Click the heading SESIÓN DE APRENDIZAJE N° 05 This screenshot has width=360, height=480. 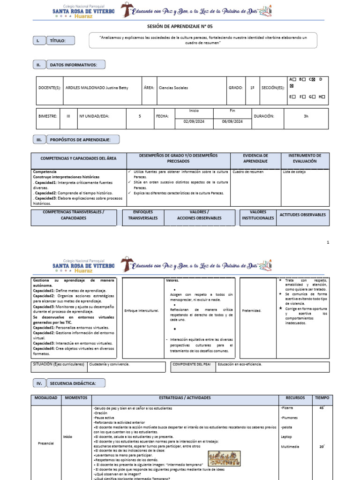(180, 27)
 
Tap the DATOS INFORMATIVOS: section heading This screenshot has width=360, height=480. (76, 65)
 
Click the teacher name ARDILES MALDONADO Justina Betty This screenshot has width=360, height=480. (97, 88)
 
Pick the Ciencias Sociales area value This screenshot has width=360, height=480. (173, 88)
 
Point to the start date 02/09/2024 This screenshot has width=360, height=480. (194, 121)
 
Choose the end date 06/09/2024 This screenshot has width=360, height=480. (232, 121)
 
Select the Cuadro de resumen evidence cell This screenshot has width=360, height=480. (248, 172)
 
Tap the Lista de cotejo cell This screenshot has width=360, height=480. (295, 172)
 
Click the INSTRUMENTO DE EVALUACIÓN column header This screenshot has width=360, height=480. (304, 158)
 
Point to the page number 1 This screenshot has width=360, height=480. (328, 242)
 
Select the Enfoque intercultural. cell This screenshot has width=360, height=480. (142, 310)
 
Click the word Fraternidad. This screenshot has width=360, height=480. (252, 310)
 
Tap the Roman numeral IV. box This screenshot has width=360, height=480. (39, 383)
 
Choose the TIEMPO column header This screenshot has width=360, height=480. (322, 397)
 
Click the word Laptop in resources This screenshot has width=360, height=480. (286, 437)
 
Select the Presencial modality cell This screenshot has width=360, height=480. (46, 442)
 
